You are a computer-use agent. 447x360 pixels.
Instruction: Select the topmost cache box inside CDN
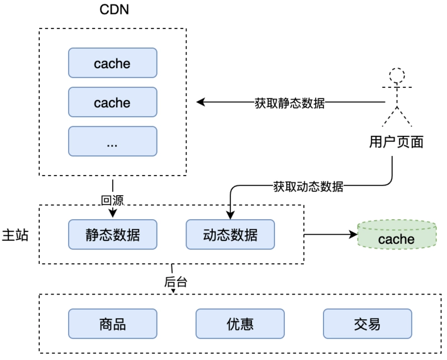(x=112, y=63)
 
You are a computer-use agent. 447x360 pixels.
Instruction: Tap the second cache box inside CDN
(x=112, y=103)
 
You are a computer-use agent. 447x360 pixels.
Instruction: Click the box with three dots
(x=112, y=142)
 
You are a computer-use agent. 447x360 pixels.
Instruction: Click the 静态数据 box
(x=112, y=235)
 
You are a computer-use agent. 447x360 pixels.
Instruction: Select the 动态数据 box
(x=230, y=235)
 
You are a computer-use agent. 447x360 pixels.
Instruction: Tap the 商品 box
(x=112, y=324)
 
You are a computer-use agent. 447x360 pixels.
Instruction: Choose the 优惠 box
(x=240, y=324)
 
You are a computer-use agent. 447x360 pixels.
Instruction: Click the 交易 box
(x=367, y=324)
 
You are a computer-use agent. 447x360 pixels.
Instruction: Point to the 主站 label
(x=16, y=235)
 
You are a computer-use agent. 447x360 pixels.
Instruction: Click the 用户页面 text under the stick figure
(x=396, y=143)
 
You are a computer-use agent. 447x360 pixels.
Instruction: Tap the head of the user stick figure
(x=397, y=74)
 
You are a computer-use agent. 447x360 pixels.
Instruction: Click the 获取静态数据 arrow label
(x=289, y=103)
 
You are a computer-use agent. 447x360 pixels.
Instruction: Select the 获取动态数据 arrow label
(x=308, y=186)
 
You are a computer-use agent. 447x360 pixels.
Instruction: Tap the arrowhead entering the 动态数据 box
(x=230, y=215)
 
